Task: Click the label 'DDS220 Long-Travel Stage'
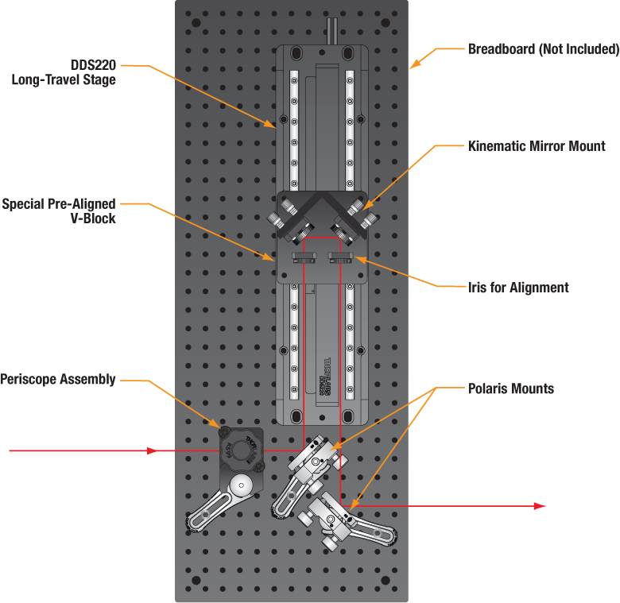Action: [x=64, y=72]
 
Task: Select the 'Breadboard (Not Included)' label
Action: [x=543, y=49]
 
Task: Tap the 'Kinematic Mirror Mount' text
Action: [x=537, y=146]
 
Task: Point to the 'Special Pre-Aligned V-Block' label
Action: [x=59, y=211]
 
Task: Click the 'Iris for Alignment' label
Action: [x=518, y=288]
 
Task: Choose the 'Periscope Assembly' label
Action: [x=58, y=380]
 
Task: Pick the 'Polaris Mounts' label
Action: [x=510, y=388]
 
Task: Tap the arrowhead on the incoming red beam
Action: [x=153, y=451]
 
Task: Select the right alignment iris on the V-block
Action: [x=340, y=257]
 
